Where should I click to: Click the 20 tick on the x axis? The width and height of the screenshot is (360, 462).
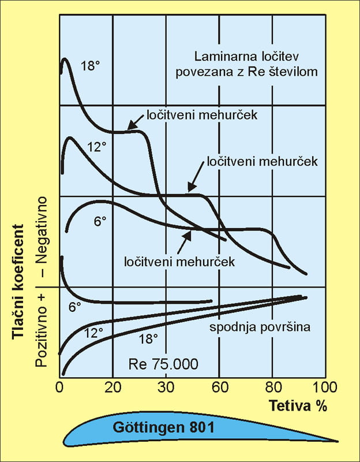pos(113,386)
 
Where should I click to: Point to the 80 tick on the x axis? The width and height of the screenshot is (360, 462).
pos(272,386)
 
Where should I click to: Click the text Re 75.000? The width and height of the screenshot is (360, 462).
pos(163,364)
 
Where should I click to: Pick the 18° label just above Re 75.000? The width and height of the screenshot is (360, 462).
pos(147,339)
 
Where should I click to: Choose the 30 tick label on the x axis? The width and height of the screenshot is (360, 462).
pos(166,386)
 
